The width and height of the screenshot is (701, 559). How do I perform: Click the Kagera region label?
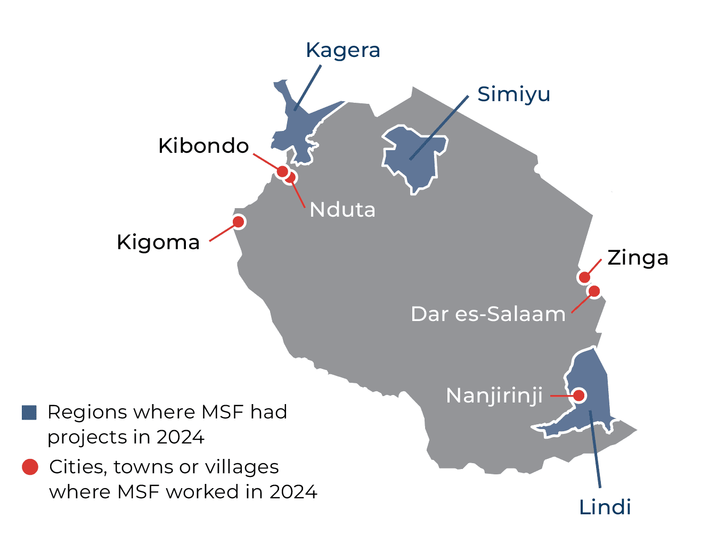click(343, 51)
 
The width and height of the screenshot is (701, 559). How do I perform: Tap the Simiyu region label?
click(513, 94)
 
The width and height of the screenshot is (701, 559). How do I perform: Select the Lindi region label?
click(605, 507)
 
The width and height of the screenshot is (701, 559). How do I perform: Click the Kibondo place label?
click(203, 146)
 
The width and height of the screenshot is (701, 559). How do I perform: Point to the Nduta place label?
click(343, 210)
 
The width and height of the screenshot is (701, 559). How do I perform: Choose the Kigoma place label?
click(158, 242)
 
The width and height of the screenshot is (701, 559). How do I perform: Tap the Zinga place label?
click(638, 258)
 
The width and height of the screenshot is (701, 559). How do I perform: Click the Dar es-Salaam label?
click(488, 314)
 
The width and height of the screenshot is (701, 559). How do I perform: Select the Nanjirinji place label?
click(494, 396)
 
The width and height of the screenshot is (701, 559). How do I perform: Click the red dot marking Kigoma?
click(239, 221)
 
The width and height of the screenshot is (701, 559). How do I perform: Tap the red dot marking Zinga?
click(584, 277)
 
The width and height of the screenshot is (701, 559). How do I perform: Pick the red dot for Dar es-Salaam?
click(594, 291)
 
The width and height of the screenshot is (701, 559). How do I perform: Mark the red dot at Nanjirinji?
click(578, 396)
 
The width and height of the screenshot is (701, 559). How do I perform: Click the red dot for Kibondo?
click(282, 171)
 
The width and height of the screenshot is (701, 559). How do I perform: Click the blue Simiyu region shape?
click(413, 157)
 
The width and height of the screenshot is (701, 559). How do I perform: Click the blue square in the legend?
click(29, 413)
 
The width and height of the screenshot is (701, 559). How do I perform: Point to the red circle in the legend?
click(30, 467)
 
